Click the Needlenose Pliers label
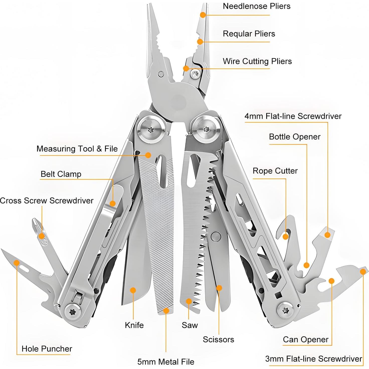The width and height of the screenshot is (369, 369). [x=256, y=6]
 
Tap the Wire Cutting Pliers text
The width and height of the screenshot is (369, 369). [x=257, y=61]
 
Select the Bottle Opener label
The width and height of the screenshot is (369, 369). [x=295, y=137]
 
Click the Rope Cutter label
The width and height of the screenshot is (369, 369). [x=275, y=171]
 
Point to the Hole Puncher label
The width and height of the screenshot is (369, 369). [x=47, y=349]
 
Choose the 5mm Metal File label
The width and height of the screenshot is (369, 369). [x=166, y=362]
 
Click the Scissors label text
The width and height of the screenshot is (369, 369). [x=218, y=339]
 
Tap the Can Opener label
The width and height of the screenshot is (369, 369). [x=306, y=339]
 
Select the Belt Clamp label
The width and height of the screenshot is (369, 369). [x=61, y=174]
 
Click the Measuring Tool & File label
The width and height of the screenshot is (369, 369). [x=77, y=149]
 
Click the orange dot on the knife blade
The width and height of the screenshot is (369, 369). [x=133, y=290]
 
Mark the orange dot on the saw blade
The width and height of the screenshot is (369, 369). [x=189, y=301]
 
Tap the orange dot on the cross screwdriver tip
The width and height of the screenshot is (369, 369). [x=41, y=236]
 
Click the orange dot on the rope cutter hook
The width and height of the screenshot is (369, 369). [x=286, y=236]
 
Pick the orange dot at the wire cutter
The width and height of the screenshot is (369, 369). [x=186, y=68]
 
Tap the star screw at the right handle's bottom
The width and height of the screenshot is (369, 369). [x=286, y=310]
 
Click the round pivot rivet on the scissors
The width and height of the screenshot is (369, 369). [x=216, y=236]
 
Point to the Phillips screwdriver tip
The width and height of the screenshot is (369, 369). [x=35, y=222]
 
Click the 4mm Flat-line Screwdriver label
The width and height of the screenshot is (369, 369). [x=293, y=116]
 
